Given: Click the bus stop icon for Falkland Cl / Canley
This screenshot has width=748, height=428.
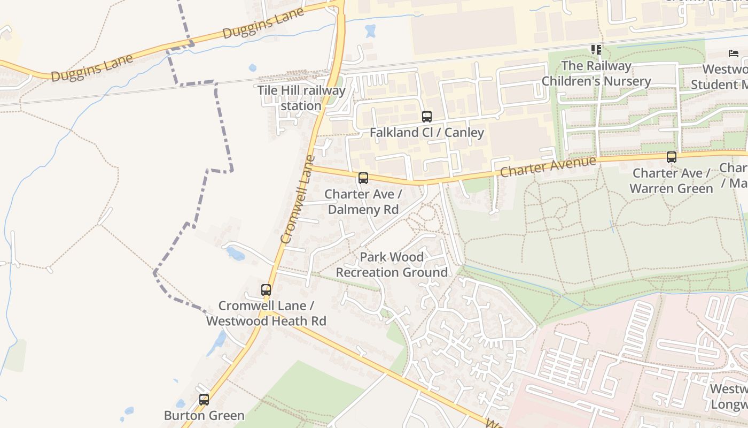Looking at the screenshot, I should tap(426, 116).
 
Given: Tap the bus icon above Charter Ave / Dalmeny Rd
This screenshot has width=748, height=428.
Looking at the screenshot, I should tap(363, 178).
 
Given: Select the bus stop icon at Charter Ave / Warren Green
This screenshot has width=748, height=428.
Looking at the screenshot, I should tap(672, 157).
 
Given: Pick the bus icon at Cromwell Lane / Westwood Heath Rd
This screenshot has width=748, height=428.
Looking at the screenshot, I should tap(266, 290).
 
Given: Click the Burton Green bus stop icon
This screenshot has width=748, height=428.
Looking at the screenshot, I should tap(204, 400).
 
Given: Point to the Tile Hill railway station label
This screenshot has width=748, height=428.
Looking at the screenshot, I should tap(301, 98).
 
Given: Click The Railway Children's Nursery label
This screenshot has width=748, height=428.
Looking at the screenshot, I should tap(596, 74).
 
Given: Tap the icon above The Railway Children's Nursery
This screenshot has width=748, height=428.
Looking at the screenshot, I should tap(596, 50).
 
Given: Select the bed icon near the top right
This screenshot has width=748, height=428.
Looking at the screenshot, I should tap(734, 53).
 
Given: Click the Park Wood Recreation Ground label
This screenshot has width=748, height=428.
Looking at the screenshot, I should tap(392, 265).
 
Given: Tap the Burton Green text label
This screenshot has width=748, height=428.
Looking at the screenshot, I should tap(204, 415).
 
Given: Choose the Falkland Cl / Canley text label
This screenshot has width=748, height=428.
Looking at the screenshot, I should tap(427, 132).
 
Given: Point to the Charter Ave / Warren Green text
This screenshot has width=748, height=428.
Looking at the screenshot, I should tap(671, 181).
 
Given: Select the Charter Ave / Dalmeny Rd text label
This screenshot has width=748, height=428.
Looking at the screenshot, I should tap(363, 202).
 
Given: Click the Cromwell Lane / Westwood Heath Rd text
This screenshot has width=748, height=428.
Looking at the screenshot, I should tap(266, 314).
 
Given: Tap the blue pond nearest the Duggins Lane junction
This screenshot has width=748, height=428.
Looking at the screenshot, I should tap(370, 30).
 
